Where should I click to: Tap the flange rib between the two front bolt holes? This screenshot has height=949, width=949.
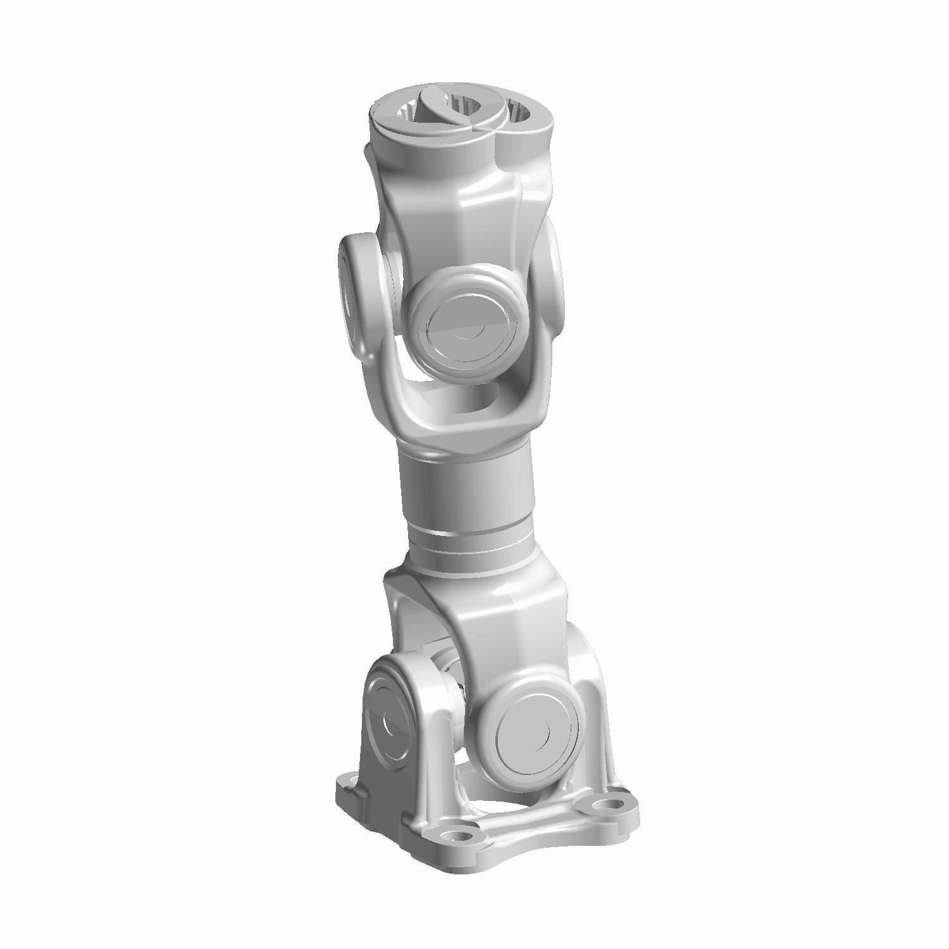pos(531,822)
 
